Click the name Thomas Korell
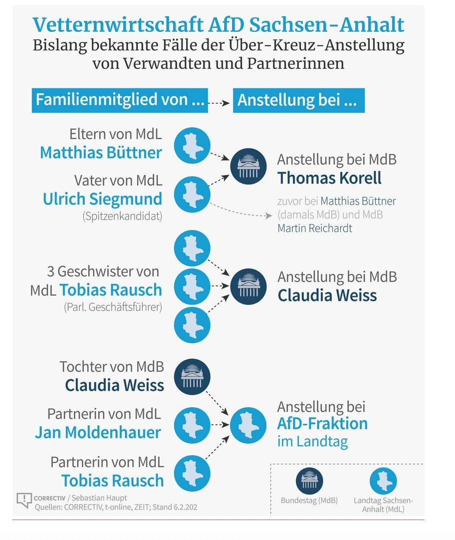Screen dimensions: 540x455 click(329, 178)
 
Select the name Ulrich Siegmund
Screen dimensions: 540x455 click(102, 199)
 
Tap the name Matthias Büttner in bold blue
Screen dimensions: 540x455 click(101, 152)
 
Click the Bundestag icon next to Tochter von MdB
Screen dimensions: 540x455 click(192, 377)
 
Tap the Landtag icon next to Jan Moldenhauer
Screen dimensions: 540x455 click(192, 425)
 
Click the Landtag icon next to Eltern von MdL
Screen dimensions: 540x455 click(192, 145)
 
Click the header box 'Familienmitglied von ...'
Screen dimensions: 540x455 click(120, 100)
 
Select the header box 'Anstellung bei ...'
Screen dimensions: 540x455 click(298, 100)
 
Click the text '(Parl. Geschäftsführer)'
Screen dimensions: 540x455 click(113, 307)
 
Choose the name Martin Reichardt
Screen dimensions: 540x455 click(315, 228)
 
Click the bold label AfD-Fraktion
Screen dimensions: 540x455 click(322, 424)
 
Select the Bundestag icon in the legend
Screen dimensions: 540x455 click(309, 481)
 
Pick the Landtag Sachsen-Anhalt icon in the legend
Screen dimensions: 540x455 click(383, 481)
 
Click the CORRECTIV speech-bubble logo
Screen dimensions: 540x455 click(24, 500)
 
